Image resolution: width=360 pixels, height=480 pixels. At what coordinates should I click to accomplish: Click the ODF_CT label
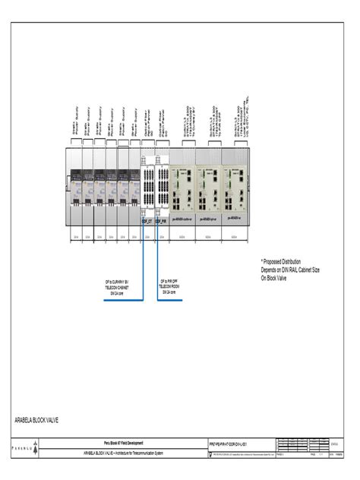pos(147,221)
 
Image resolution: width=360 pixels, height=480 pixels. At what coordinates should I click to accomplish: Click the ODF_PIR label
pos(161,221)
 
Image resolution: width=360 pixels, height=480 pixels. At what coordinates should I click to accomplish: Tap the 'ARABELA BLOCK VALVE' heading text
pos(37,419)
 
